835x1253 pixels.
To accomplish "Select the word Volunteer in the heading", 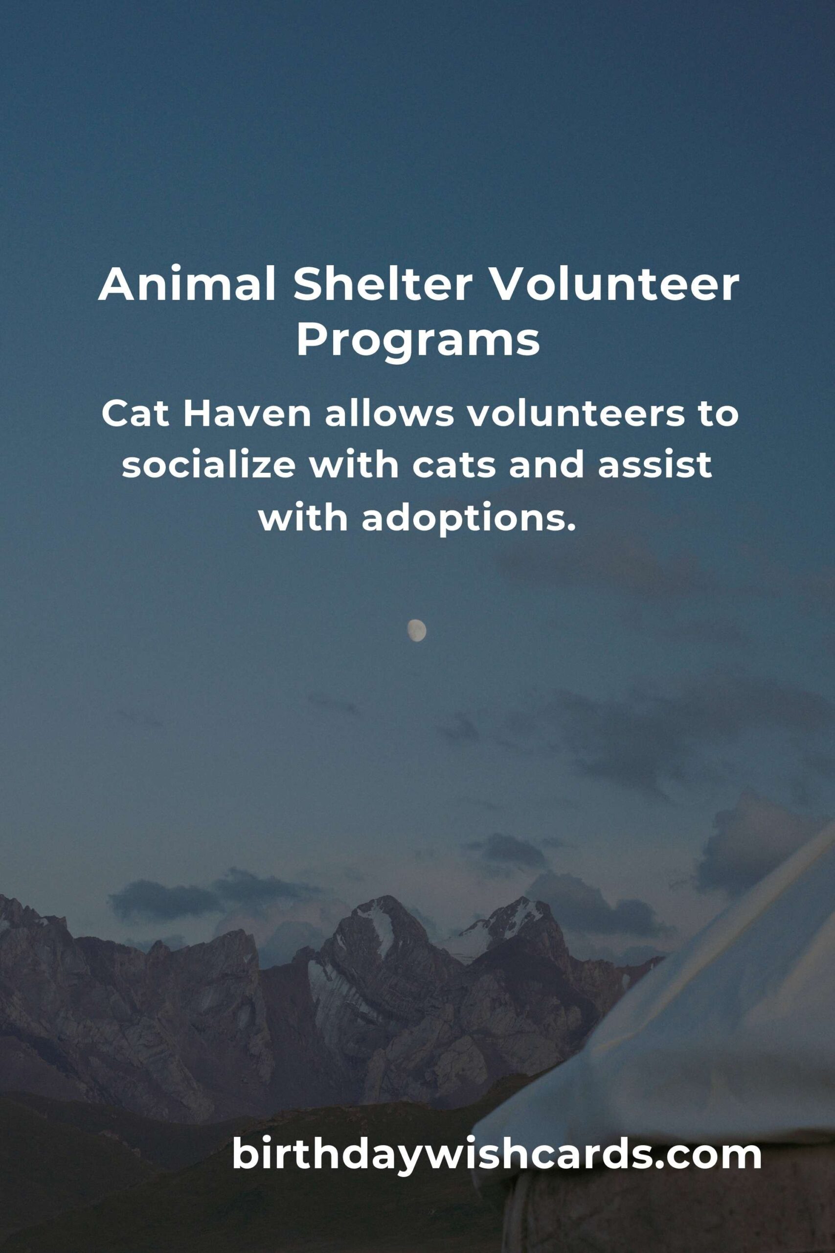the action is (614, 285).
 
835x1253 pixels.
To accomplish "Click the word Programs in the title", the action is (418, 342).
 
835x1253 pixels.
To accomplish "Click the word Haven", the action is (247, 415).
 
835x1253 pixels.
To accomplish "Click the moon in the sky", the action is (417, 630).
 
